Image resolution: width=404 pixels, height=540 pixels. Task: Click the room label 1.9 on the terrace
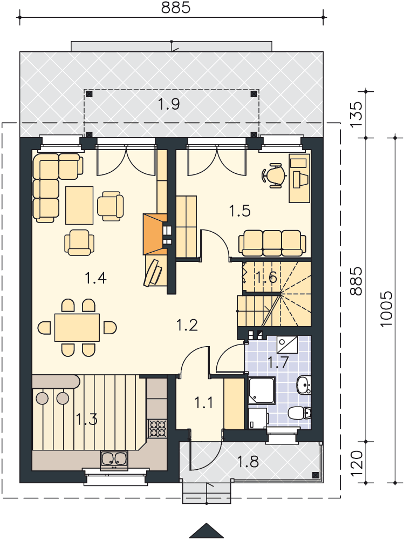click(169, 104)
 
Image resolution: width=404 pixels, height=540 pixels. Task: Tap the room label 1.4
click(95, 278)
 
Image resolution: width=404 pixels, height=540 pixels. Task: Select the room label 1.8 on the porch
click(248, 462)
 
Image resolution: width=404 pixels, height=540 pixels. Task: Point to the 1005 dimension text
click(386, 309)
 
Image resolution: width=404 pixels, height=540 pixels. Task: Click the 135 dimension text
click(357, 114)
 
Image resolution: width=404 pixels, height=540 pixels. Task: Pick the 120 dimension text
click(357, 463)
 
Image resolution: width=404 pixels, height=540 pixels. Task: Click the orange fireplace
click(155, 234)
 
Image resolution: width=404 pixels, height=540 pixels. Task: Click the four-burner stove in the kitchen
click(158, 428)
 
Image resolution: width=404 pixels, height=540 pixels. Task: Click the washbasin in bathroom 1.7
click(304, 384)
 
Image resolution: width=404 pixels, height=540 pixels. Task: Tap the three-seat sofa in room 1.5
click(272, 244)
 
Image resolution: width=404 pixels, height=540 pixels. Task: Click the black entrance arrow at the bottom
click(207, 531)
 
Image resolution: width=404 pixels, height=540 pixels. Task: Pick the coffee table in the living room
click(79, 205)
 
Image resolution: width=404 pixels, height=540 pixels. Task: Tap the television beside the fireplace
click(154, 272)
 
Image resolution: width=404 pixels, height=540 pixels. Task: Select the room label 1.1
click(204, 402)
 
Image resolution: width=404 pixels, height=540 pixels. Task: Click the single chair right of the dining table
click(110, 327)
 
